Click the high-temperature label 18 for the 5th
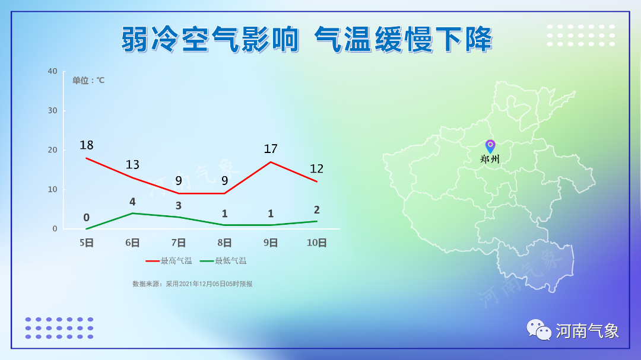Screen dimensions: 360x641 coord(87,145)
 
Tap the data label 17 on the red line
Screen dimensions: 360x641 coord(271,149)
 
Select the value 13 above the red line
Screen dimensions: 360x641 coord(132,164)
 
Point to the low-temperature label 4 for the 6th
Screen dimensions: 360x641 coord(132,202)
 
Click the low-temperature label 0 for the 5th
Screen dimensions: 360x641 coord(87,218)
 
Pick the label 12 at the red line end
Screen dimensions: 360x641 coord(316,169)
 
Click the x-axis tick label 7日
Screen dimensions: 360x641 coord(179,243)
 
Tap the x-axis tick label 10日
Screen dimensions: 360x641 coord(316,243)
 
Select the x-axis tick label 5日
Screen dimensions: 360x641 coord(87,243)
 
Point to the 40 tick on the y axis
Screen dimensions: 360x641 coord(52,71)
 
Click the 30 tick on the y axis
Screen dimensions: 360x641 coord(52,111)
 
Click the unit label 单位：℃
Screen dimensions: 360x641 coord(88,81)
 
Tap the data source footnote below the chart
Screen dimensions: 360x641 coord(192,284)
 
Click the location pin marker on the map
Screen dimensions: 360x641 coord(490,145)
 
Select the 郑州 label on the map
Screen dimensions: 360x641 coord(490,159)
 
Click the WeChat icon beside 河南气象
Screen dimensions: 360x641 coord(539,330)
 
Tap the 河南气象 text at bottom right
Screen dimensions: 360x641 coord(587,331)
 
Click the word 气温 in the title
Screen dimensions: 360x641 coord(342,39)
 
